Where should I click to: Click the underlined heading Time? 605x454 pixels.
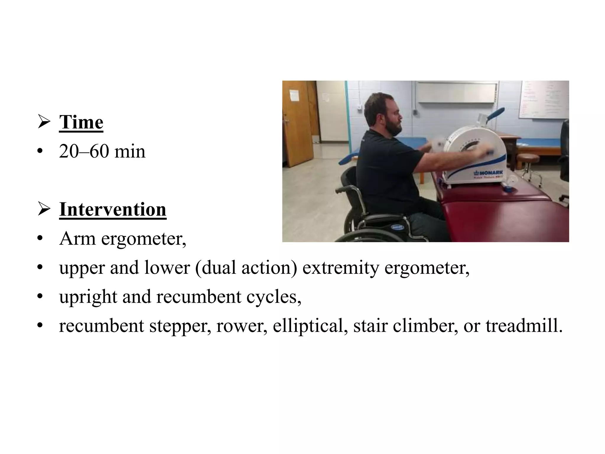[x=81, y=122]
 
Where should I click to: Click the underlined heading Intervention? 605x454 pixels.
[x=113, y=210]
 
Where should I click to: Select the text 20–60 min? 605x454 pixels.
[x=102, y=151]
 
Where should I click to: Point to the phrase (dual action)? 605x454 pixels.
[x=246, y=267]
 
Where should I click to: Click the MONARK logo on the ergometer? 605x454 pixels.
[x=489, y=173]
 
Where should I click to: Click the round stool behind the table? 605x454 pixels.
[x=529, y=161]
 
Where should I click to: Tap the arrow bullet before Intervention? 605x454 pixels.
[x=44, y=210]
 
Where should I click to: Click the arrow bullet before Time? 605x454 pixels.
[x=44, y=122]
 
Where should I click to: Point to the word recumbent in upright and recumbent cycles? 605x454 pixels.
[x=199, y=297]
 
